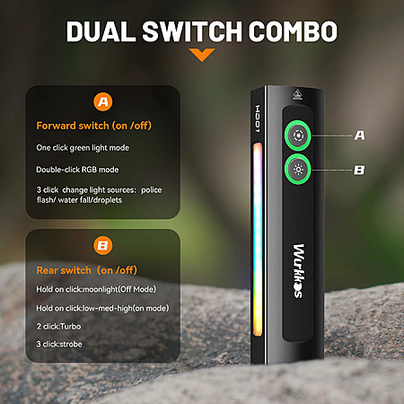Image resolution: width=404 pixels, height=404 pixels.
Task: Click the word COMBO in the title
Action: [293, 31]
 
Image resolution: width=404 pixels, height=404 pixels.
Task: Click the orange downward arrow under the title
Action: [202, 55]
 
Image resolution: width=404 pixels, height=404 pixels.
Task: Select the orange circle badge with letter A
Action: [103, 102]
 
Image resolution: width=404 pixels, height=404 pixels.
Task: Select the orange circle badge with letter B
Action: [103, 246]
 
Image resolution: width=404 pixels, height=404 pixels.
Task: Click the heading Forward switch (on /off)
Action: [93, 126]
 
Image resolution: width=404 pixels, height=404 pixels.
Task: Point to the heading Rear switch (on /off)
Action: [86, 270]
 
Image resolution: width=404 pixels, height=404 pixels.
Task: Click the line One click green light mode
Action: [83, 148]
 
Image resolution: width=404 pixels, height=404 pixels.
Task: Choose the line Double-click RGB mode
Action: [77, 170]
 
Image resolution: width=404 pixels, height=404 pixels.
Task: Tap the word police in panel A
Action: [151, 190]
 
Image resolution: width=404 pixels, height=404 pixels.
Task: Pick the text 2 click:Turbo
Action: [58, 326]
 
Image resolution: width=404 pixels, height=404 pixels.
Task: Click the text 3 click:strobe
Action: [59, 344]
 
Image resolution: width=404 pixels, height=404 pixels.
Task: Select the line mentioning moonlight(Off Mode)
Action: [96, 289]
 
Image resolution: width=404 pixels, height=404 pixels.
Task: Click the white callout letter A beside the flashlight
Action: [359, 136]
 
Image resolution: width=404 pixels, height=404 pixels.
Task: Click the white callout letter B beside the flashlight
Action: [359, 171]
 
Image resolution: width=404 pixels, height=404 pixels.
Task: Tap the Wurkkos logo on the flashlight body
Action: [298, 271]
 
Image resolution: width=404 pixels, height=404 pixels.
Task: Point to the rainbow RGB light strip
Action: [258, 240]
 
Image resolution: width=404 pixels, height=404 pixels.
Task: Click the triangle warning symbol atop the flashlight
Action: [296, 94]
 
